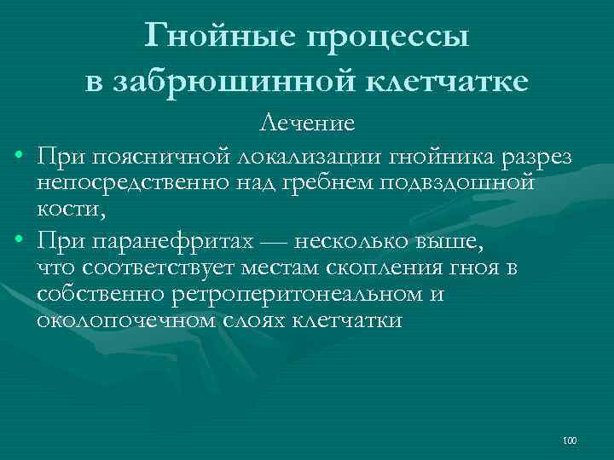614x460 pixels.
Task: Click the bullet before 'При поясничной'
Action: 18,158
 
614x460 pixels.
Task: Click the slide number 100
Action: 571,440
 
